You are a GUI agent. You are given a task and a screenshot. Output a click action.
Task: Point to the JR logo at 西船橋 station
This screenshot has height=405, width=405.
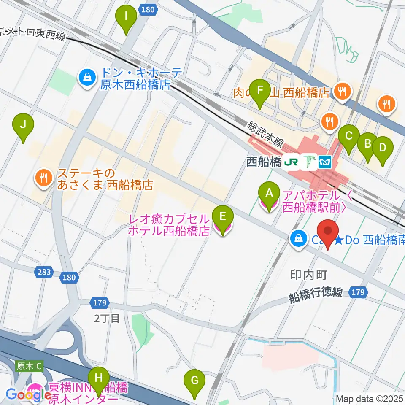[291, 162]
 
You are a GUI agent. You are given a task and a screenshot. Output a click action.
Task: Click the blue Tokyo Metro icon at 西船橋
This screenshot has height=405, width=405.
[325, 162]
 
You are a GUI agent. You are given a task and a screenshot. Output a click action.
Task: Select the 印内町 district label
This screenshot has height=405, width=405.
[309, 275]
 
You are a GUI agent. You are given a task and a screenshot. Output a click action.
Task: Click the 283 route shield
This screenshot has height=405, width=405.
[44, 272]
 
